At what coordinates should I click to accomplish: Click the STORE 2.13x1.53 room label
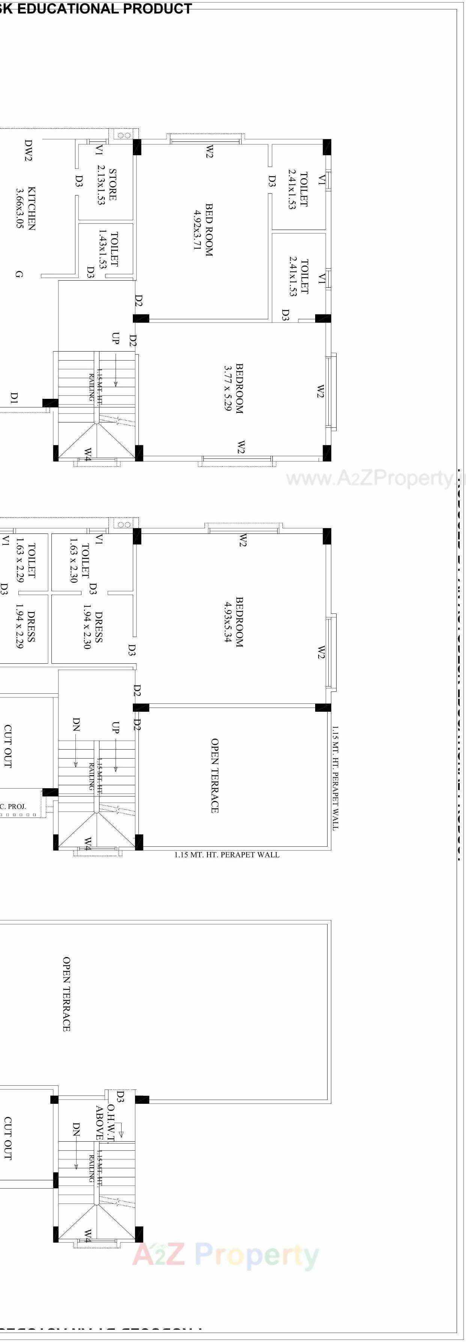(x=107, y=185)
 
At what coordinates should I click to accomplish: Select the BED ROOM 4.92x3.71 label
(x=203, y=229)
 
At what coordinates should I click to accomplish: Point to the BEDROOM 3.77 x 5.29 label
(x=233, y=388)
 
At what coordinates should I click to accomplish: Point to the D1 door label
(x=14, y=398)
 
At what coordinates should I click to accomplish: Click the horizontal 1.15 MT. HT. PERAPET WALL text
(x=227, y=855)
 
